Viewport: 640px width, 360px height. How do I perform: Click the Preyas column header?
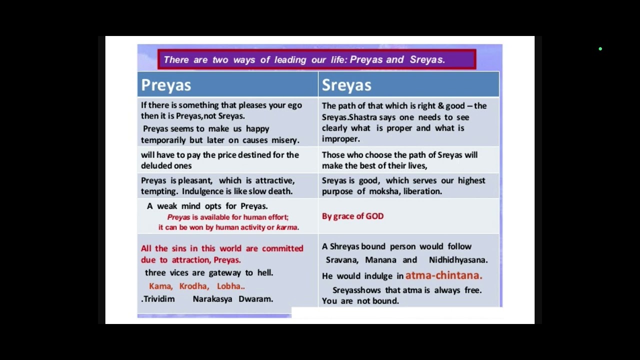point(166,85)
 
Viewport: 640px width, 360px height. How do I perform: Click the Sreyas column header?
point(346,85)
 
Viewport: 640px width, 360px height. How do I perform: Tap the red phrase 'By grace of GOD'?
point(352,216)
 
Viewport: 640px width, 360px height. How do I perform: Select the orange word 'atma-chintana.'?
point(443,275)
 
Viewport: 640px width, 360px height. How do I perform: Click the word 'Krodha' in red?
point(193,286)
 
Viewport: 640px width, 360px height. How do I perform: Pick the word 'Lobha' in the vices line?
point(229,286)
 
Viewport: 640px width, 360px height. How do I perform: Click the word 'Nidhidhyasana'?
point(457,259)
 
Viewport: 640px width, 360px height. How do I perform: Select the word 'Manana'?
point(380,259)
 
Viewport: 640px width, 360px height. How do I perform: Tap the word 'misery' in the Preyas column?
point(284,140)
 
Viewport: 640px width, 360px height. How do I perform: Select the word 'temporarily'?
point(163,140)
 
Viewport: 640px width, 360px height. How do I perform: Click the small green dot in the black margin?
point(600,49)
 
